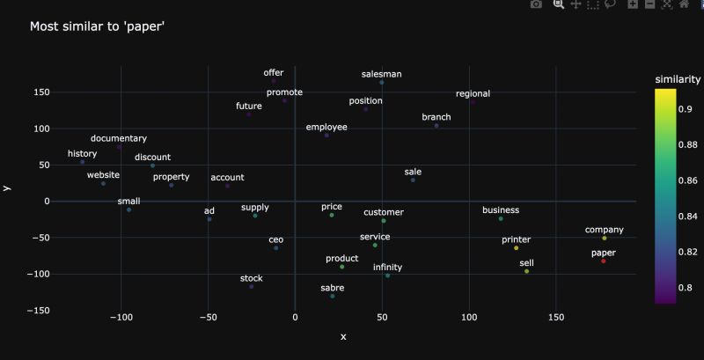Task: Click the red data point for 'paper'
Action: click(604, 261)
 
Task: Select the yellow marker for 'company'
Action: click(605, 239)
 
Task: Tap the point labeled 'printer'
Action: click(517, 248)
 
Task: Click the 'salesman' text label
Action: click(381, 74)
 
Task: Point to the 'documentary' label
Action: click(119, 138)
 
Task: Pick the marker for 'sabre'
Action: click(333, 297)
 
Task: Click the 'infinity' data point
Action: click(388, 276)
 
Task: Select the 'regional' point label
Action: click(473, 93)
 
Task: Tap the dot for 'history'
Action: click(83, 162)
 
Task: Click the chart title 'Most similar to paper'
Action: click(98, 26)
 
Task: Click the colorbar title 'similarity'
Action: click(678, 80)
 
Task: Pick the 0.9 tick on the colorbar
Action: click(689, 108)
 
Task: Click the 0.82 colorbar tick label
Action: click(689, 251)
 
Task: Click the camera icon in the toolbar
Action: click(537, 4)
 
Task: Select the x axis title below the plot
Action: click(343, 336)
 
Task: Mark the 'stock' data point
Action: click(252, 287)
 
